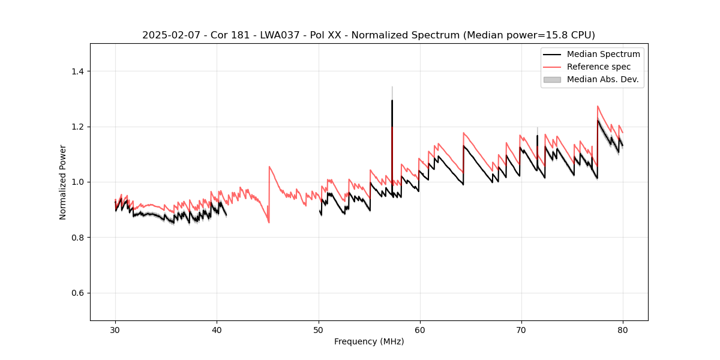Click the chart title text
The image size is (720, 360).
click(x=368, y=35)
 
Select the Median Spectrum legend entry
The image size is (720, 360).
click(x=603, y=54)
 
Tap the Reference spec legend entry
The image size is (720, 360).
click(x=598, y=67)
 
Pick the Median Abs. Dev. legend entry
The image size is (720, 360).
click(x=602, y=79)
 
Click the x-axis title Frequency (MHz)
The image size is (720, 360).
click(x=369, y=341)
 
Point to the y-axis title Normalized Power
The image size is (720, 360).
click(x=63, y=182)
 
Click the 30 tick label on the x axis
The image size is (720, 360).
click(x=116, y=329)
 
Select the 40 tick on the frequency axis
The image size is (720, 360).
click(x=217, y=329)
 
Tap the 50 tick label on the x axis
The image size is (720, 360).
click(x=319, y=329)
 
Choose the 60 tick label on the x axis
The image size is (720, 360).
click(x=420, y=329)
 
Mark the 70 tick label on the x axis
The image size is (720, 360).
click(x=521, y=329)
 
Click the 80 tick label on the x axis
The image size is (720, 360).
click(x=623, y=329)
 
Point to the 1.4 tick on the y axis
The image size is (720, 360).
click(x=77, y=71)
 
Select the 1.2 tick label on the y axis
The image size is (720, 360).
click(x=77, y=127)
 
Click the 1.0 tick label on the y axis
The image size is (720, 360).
click(x=77, y=182)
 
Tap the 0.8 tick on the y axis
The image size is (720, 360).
click(x=77, y=238)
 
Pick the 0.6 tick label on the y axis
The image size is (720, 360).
click(x=77, y=293)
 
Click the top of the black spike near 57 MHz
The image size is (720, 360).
click(x=392, y=100)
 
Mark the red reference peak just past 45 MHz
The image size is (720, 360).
click(x=269, y=167)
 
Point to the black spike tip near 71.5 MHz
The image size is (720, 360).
click(x=537, y=136)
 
